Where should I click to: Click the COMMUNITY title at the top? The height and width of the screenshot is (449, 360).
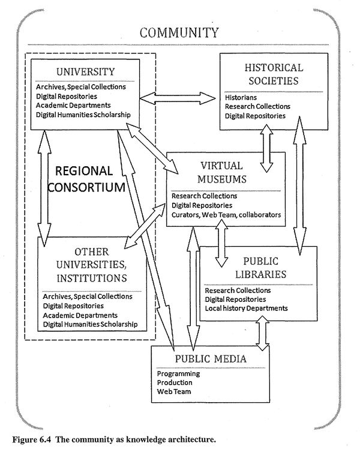click(x=179, y=32)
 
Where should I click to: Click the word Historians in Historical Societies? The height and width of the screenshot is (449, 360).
click(x=242, y=97)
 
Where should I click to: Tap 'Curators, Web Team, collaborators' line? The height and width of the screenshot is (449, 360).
click(x=226, y=214)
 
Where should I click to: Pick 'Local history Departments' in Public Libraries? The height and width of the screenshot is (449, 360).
click(x=246, y=309)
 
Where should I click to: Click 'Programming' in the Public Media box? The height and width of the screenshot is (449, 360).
click(x=178, y=373)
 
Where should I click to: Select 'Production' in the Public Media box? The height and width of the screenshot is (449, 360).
click(x=175, y=382)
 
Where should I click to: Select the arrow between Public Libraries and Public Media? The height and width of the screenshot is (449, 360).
click(x=263, y=334)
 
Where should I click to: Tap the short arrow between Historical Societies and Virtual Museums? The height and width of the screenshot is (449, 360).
click(x=267, y=145)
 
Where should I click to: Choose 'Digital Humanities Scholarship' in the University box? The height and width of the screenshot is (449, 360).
click(x=83, y=115)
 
